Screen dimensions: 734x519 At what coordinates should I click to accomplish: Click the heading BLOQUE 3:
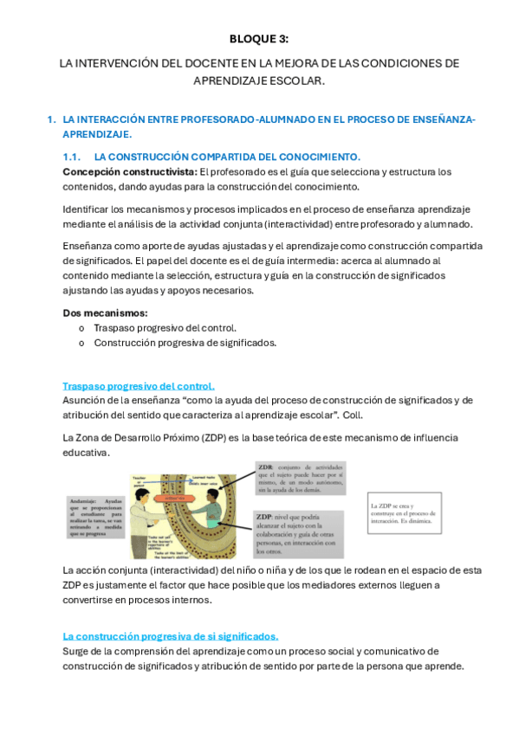(x=259, y=39)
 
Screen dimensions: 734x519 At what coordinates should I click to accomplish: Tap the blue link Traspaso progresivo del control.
(x=139, y=386)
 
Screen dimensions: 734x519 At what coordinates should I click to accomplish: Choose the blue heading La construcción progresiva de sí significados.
(x=171, y=635)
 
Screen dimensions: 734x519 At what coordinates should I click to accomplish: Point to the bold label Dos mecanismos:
(x=105, y=312)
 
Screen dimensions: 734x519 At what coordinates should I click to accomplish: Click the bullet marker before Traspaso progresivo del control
(x=81, y=328)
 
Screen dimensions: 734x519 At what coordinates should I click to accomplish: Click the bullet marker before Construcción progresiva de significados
(x=81, y=343)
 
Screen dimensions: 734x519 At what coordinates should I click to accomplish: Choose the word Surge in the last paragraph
(x=77, y=651)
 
